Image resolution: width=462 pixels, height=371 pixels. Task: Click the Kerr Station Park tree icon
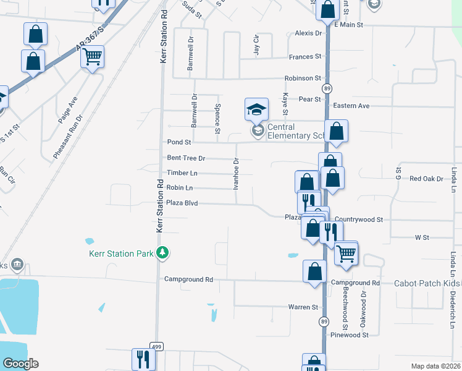[162, 252]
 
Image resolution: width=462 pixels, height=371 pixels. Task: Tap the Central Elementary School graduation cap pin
[256, 110]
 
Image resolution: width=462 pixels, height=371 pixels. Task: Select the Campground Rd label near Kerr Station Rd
[188, 279]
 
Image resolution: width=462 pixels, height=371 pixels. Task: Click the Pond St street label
[180, 142]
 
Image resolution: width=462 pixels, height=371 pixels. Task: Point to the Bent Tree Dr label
[186, 158]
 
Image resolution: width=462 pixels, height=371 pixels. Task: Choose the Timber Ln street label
[182, 173]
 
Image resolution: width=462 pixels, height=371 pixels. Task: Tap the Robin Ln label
[180, 187]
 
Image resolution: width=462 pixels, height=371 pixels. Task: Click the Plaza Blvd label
[182, 203]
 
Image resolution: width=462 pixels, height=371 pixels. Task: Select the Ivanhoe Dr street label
[236, 174]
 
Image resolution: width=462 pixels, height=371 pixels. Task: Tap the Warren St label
[303, 307]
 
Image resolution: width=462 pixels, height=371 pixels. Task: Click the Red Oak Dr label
[427, 179]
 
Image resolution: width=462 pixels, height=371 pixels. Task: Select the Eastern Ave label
[351, 106]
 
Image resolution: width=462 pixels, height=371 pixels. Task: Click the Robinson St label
[303, 79]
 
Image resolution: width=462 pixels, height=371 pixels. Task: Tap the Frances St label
[305, 57]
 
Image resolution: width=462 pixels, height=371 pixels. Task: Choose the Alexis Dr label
[309, 33]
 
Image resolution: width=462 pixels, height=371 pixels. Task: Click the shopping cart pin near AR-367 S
[93, 58]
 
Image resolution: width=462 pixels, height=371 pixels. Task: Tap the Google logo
[20, 364]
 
